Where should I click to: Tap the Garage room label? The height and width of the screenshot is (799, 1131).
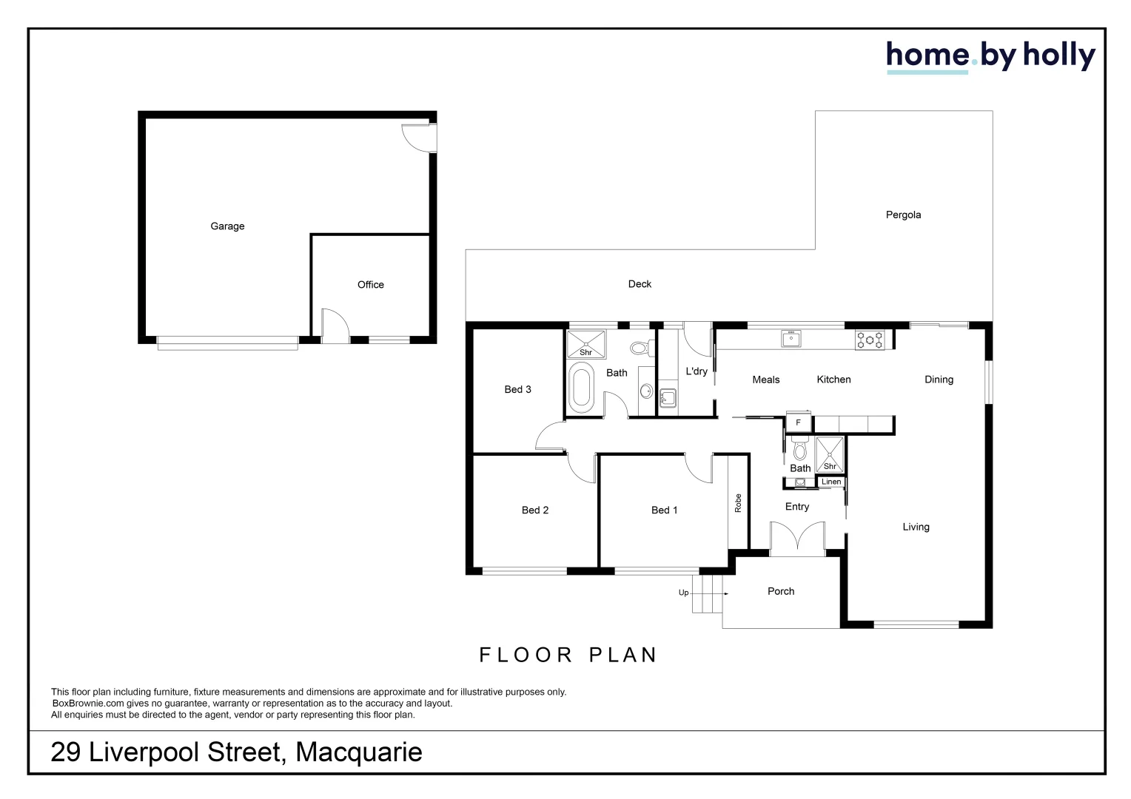[x=227, y=226]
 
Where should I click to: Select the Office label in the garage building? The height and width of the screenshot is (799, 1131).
[x=370, y=285]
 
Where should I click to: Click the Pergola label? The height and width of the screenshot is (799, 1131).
[x=903, y=215]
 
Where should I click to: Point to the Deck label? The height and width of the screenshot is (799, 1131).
[x=640, y=284]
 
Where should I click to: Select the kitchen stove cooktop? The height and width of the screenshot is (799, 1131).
[x=869, y=340]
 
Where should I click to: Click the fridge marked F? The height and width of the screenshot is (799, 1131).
[x=798, y=423]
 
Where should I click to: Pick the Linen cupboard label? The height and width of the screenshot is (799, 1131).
[x=831, y=482]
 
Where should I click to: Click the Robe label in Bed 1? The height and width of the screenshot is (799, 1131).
[x=738, y=503]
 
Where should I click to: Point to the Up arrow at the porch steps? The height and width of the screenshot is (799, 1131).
[x=684, y=593]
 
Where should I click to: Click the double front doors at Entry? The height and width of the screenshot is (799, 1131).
[x=797, y=539]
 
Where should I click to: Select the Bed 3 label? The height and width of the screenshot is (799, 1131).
[x=517, y=390]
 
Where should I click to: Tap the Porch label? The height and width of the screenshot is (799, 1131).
[x=781, y=591]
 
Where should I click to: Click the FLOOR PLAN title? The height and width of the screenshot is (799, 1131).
[x=568, y=655]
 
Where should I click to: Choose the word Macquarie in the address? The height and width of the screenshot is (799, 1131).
[x=359, y=752]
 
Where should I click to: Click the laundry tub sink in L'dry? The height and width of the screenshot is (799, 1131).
[x=668, y=399]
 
